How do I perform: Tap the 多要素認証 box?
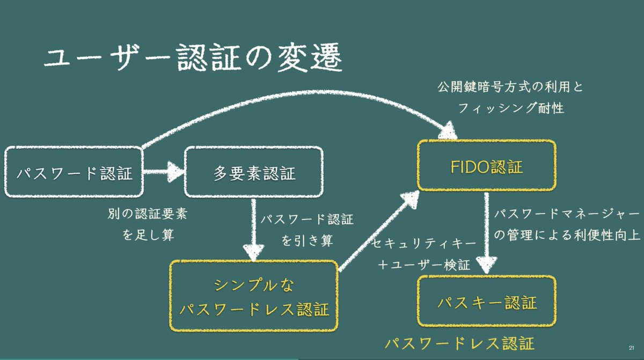click(253, 173)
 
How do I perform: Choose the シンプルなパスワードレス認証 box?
click(254, 296)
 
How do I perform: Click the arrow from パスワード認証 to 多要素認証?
click(164, 172)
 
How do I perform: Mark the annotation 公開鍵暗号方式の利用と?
click(510, 86)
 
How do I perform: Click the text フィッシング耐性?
click(510, 107)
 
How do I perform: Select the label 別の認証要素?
click(148, 214)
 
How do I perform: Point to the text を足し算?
click(148, 235)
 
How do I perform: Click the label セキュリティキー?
click(424, 243)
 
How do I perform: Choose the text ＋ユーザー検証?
click(424, 265)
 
